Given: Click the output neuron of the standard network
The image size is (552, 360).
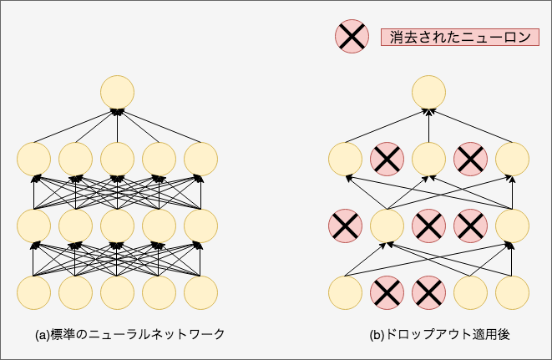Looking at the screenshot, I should tap(117, 91).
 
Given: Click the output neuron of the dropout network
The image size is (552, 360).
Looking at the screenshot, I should tap(428, 91).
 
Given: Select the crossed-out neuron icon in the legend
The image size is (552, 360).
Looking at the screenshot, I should tap(352, 36).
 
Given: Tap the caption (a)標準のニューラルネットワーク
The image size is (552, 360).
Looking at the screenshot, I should tap(129, 334).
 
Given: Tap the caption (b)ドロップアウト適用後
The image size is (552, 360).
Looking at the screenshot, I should tap(439, 334).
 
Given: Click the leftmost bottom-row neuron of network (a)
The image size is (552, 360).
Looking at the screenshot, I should tap(33, 292).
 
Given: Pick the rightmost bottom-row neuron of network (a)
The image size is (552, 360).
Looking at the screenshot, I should tap(200, 292).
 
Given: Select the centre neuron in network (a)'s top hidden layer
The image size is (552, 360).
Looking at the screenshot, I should tap(117, 158).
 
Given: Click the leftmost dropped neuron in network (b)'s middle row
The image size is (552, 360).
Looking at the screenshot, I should tap(345, 225).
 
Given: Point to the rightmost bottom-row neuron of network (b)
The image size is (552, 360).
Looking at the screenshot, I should tap(512, 292).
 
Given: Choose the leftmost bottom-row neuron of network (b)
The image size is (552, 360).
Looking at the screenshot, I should tap(345, 292).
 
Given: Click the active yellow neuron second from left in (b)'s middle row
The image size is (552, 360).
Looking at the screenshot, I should tap(387, 225).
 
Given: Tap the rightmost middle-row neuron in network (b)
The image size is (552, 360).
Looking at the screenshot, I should tap(512, 225).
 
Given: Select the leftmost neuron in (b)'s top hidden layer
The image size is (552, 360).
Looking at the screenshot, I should tap(345, 158).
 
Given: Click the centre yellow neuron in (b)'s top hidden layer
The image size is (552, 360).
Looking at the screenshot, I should tap(428, 158).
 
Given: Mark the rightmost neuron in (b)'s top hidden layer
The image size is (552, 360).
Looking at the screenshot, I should tap(512, 158).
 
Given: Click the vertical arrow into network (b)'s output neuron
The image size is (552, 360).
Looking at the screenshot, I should tap(428, 125).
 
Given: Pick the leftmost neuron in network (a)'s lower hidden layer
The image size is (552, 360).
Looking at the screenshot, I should tap(33, 225).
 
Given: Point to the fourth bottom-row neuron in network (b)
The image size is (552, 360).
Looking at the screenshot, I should tap(470, 292).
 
